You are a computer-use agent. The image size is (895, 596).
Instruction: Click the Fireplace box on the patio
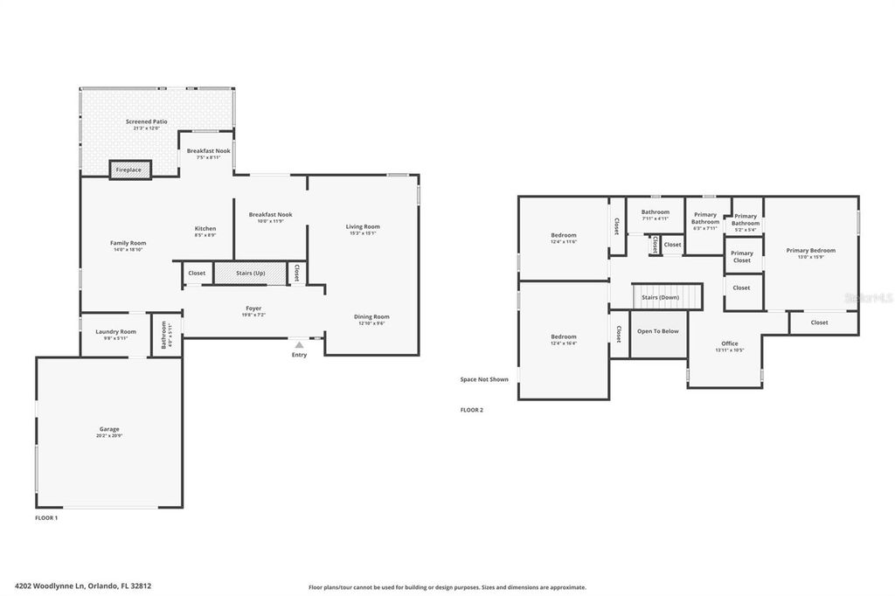coord(129,170)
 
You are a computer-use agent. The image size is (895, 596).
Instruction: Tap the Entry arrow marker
coord(299,345)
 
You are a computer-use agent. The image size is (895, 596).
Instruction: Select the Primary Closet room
coord(742,256)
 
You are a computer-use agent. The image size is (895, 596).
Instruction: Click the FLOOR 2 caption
coord(471,410)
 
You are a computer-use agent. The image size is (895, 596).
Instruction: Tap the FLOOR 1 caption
coord(45,518)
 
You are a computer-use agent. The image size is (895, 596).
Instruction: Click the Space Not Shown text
coord(484,379)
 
